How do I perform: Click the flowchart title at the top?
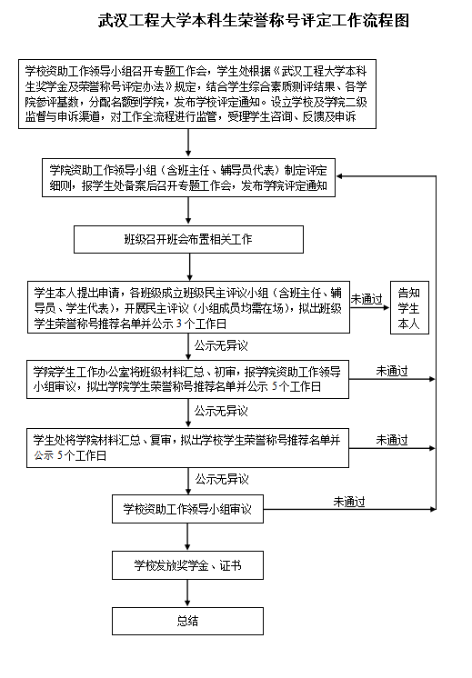254,20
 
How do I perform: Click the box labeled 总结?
187,621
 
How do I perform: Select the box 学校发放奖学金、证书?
187,565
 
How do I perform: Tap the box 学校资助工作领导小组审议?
187,509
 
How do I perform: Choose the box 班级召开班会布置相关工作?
188,239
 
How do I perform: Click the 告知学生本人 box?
409,307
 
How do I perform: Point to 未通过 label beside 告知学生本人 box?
367,299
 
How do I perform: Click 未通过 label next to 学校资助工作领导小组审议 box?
349,502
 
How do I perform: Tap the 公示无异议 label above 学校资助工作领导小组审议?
222,479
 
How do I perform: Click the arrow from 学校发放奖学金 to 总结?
187,593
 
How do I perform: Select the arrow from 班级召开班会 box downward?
189,267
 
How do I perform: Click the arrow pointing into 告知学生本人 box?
370,307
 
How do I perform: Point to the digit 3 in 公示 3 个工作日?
179,324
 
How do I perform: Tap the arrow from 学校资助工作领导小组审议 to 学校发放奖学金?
187,537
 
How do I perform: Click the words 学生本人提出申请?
77,293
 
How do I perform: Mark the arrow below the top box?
188,143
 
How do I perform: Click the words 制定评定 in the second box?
306,170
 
